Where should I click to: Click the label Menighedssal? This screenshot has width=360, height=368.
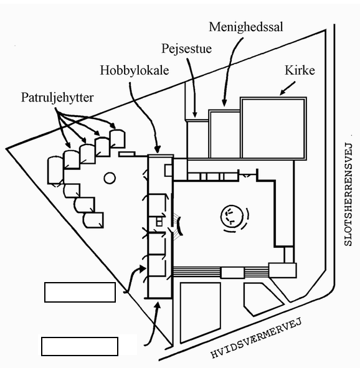point(246,27)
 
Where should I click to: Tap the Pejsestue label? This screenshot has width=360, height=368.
point(187,49)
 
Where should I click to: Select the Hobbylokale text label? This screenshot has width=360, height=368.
point(135,70)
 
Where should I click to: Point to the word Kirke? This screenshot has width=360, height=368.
point(300,70)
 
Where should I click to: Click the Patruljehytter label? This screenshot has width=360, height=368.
point(57,97)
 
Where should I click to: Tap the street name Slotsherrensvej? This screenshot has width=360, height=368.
point(348,194)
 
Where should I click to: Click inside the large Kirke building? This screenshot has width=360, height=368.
point(273,128)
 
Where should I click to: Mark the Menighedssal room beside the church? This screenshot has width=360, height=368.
point(225,134)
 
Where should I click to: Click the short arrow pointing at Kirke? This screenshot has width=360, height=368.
point(288,88)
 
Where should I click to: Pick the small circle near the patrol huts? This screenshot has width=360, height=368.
point(110,178)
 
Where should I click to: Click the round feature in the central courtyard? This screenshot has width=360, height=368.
point(232,216)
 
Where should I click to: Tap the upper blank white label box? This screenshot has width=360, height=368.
point(80,292)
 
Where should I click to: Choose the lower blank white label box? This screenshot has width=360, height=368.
point(80,346)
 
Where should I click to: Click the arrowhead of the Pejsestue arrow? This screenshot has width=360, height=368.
point(195,115)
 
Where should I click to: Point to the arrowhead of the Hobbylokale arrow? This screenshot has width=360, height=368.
point(158,149)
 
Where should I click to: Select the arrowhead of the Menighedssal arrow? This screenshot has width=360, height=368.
point(224,103)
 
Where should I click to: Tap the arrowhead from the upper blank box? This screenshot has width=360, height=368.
point(143,269)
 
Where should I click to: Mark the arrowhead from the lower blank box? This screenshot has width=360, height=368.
point(158,306)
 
